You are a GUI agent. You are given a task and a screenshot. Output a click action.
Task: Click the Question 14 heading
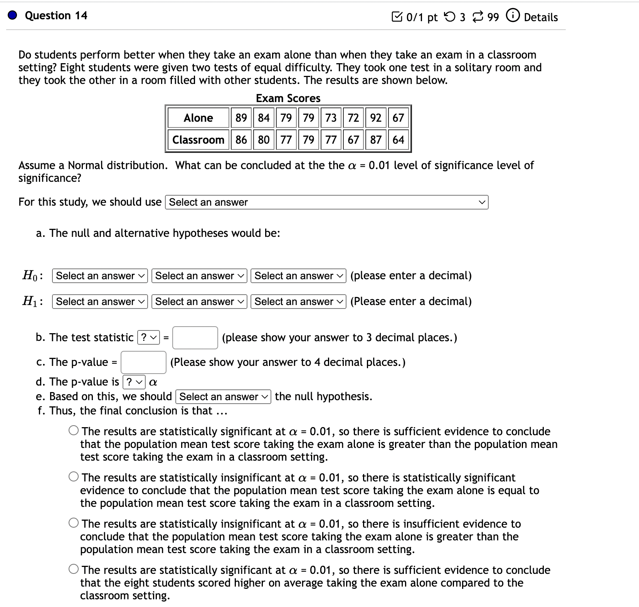(x=56, y=15)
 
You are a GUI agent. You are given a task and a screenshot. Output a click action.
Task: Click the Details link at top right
(x=540, y=17)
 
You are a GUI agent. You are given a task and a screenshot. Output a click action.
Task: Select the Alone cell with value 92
(x=375, y=117)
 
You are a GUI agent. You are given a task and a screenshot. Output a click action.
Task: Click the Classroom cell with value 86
(x=241, y=139)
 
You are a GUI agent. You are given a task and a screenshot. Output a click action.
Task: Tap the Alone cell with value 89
(x=241, y=117)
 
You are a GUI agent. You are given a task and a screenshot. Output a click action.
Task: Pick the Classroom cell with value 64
(x=398, y=139)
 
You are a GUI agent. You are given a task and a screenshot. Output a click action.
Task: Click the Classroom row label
(x=198, y=139)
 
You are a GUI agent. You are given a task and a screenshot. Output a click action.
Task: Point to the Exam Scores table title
(x=288, y=98)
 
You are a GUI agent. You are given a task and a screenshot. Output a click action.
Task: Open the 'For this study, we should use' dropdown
(x=326, y=202)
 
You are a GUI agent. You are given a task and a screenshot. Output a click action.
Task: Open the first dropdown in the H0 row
(x=100, y=276)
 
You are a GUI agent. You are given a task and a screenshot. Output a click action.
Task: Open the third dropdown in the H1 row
(x=298, y=302)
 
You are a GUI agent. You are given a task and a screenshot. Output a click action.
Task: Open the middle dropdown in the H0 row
(x=199, y=276)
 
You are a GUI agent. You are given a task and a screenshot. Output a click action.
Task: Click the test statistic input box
(x=195, y=338)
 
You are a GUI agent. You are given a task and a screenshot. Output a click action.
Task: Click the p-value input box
(x=143, y=362)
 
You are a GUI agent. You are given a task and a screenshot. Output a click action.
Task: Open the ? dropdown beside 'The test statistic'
(x=148, y=338)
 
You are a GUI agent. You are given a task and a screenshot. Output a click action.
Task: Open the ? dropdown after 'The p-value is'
(x=134, y=382)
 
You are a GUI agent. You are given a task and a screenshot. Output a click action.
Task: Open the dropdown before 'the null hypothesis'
(x=223, y=397)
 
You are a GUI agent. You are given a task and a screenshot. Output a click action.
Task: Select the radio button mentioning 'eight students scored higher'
(x=74, y=569)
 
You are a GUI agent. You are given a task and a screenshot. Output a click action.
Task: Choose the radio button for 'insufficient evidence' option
(x=74, y=523)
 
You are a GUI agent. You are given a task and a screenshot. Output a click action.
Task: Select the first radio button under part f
(x=74, y=430)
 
